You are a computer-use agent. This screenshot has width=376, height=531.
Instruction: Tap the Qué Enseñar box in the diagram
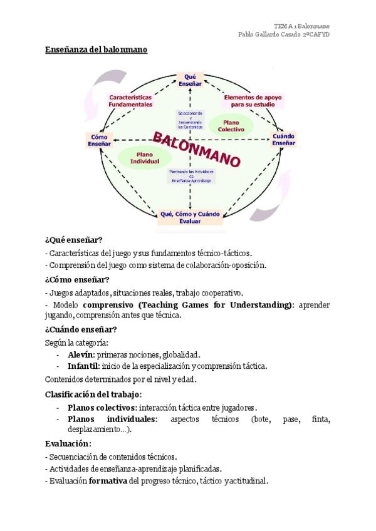coord(190,80)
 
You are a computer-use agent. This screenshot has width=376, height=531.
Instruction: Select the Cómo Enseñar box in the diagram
coord(100,139)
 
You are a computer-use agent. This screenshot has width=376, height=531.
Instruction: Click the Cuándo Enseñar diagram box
coord(284,139)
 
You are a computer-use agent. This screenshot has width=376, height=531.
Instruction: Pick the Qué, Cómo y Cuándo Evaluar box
coord(190,217)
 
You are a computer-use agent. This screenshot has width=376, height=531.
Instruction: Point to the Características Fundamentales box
coord(130,101)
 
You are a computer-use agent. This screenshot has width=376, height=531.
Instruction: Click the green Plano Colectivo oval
coord(231,125)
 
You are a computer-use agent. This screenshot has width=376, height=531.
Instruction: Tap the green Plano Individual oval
coord(145,157)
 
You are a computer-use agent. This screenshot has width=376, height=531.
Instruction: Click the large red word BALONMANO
coord(197,148)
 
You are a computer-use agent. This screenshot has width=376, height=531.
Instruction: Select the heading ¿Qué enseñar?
coord(74,240)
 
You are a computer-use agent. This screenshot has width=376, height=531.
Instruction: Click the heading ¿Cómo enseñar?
coord(77,279)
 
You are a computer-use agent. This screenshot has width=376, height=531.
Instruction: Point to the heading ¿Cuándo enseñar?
coord(81,329)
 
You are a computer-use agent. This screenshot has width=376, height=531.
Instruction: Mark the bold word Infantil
coord(83,366)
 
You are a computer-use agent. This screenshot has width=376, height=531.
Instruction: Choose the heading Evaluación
coord(68,443)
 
